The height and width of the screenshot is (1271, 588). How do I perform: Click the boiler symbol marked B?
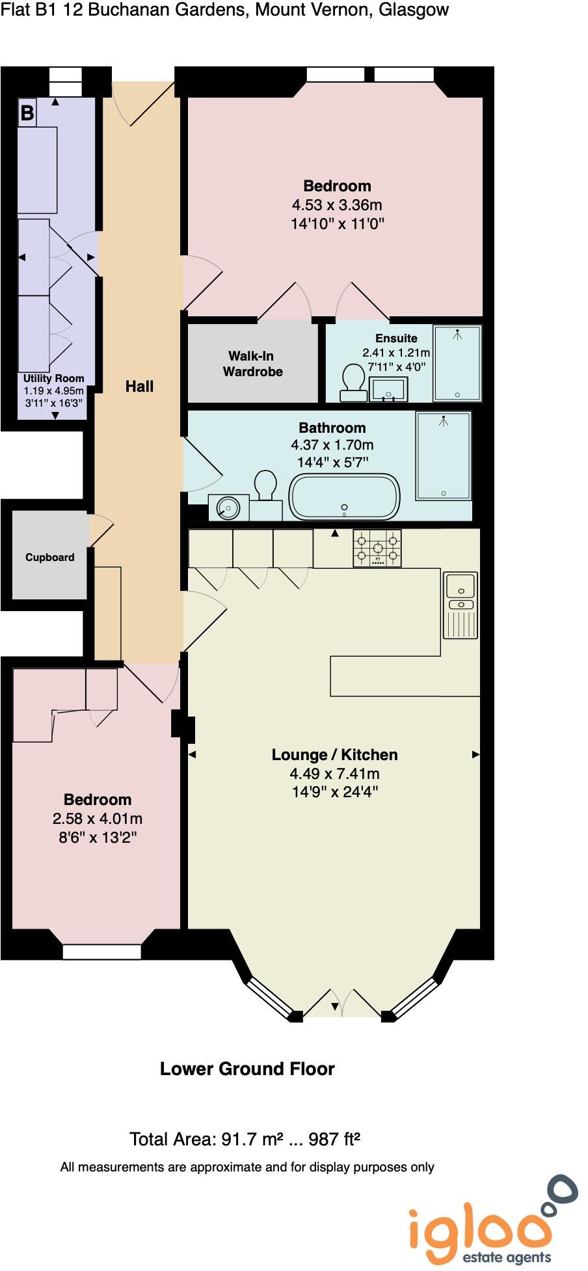[27, 113]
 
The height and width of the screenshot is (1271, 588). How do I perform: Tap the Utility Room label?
[53, 378]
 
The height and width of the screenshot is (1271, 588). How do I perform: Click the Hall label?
[139, 387]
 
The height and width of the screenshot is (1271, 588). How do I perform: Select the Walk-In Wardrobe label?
[252, 364]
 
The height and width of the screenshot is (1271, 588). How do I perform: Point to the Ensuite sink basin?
[388, 390]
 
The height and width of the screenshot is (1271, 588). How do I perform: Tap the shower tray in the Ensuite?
[457, 363]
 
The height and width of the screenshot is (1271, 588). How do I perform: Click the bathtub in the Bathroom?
[344, 497]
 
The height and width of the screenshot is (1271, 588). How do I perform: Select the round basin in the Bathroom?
[228, 508]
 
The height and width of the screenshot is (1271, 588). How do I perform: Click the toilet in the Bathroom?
[265, 488]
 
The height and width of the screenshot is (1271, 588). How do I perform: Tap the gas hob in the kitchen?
[377, 548]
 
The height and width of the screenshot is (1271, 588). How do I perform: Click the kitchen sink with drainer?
[461, 605]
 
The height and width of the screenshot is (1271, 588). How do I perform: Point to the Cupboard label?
[49, 557]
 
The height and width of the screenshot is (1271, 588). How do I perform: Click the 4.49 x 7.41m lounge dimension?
[334, 774]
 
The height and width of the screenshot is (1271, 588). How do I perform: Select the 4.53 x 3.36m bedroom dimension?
[337, 205]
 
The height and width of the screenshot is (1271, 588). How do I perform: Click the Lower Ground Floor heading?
[247, 1069]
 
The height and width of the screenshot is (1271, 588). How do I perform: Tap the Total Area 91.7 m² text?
[245, 1139]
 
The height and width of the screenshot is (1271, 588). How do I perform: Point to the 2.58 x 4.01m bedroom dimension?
[98, 819]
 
